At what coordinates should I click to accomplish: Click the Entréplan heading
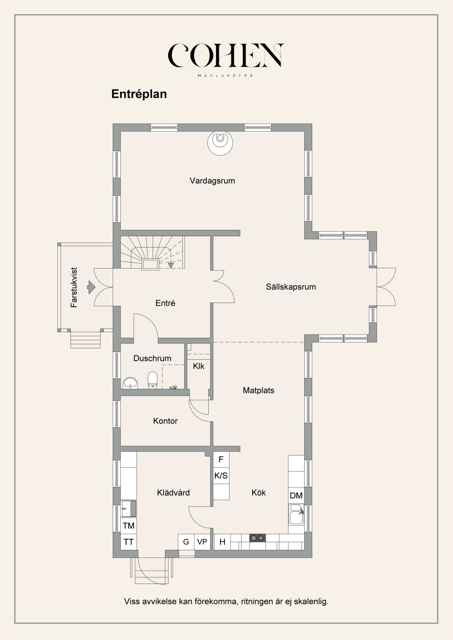tap(139, 94)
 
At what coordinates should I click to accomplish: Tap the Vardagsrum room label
tap(212, 180)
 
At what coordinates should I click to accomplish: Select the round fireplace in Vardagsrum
tap(220, 142)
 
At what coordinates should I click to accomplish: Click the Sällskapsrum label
tap(291, 287)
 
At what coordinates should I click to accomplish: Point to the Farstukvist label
tap(74, 287)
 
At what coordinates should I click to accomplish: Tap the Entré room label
tap(165, 303)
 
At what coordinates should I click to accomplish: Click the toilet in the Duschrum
tap(152, 380)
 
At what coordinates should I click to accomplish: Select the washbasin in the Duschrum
tap(130, 383)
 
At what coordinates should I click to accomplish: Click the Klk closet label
tap(198, 366)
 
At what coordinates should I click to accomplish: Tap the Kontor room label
tap(165, 421)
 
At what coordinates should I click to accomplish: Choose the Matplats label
tap(258, 390)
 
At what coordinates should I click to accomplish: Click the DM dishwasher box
tap(296, 496)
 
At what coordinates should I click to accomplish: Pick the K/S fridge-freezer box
tap(221, 475)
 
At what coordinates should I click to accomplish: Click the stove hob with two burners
tap(257, 538)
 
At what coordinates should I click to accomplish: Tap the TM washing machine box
tap(128, 526)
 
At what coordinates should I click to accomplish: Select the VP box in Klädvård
tap(202, 542)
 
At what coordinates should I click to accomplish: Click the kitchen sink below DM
tap(296, 515)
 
